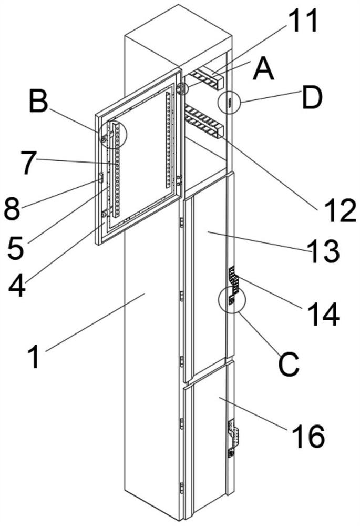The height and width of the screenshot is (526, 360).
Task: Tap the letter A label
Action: pyautogui.click(x=263, y=69)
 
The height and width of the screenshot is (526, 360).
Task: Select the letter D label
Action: pyautogui.click(x=312, y=98)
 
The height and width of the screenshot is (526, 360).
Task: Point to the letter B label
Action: pyautogui.click(x=38, y=102)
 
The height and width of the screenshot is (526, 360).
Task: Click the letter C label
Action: pyautogui.click(x=288, y=363)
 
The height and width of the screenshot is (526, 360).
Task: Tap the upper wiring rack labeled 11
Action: pyautogui.click(x=205, y=78)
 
